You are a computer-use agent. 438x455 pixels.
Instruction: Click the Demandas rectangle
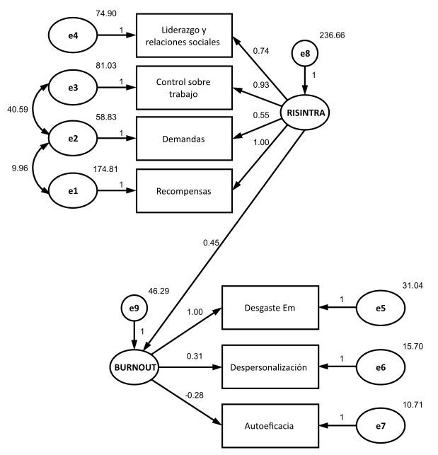point(183,139)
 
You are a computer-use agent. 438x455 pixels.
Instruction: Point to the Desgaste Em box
point(271,308)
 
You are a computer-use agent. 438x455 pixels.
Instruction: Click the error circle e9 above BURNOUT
point(133,308)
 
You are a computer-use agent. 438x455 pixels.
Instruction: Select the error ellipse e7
point(380,426)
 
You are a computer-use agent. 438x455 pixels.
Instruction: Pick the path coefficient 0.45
point(210,242)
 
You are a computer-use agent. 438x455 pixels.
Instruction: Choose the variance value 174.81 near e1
point(107,171)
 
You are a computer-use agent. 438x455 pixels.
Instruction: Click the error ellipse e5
point(380,308)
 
